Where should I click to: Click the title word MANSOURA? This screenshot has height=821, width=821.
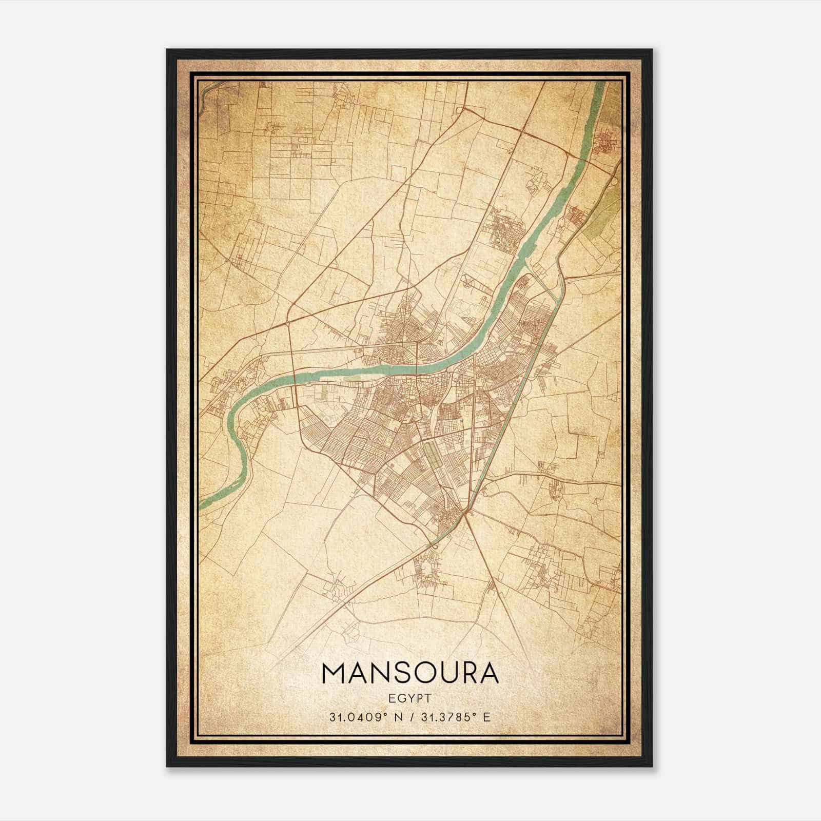click(x=409, y=673)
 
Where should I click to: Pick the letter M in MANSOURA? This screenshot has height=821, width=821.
click(x=335, y=673)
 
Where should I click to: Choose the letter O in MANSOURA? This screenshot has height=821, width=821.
click(x=430, y=673)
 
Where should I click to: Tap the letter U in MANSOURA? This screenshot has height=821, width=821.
click(x=454, y=673)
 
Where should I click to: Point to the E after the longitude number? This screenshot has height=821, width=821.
click(x=487, y=716)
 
